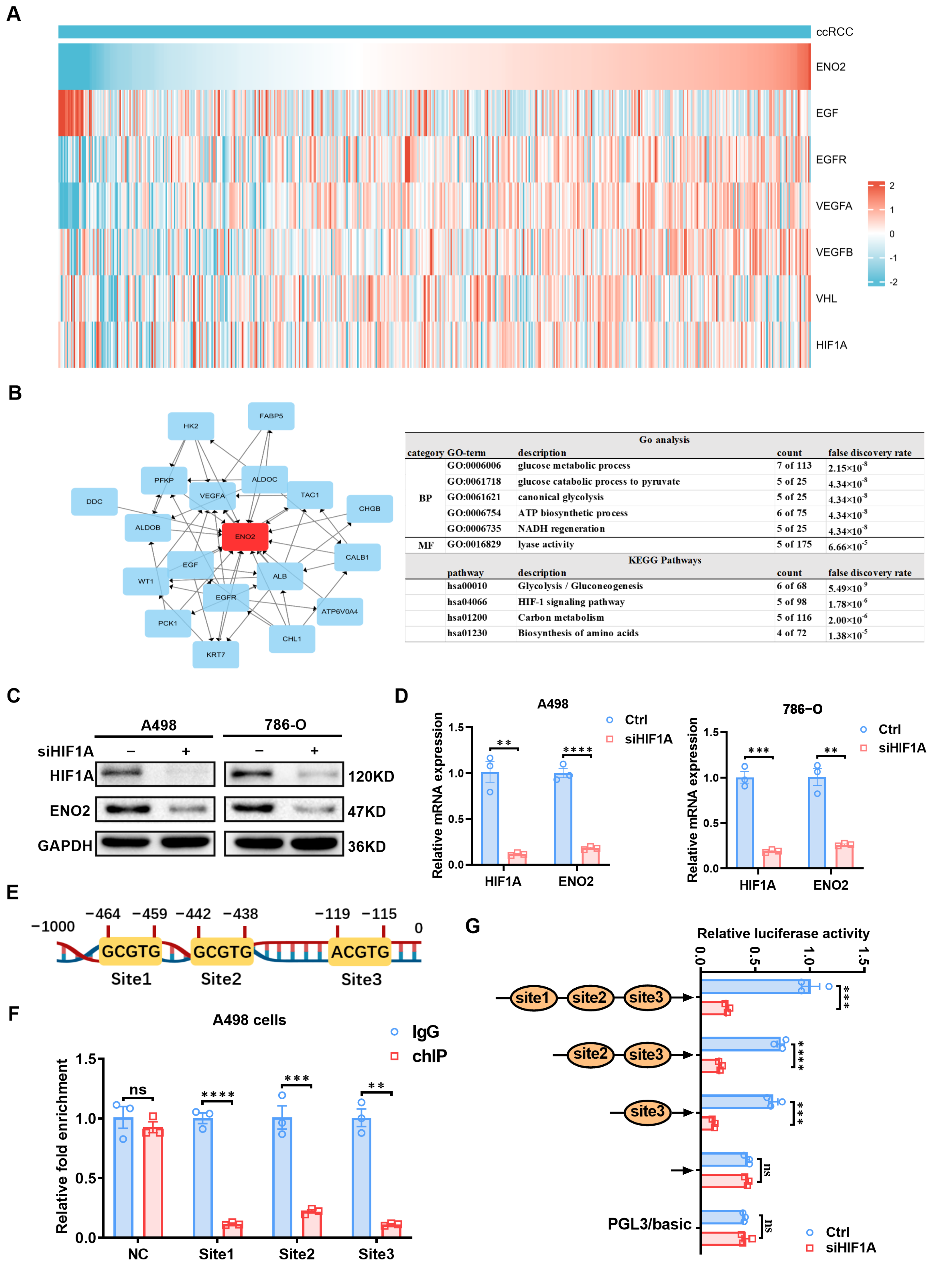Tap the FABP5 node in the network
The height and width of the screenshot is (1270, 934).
tap(271, 416)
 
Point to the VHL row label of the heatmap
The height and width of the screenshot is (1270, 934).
tap(826, 298)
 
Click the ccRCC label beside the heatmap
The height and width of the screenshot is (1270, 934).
tap(834, 32)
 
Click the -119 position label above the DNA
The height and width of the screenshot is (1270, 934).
tap(333, 914)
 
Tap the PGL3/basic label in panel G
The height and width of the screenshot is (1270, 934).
tap(649, 1224)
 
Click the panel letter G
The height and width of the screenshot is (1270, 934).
tap(473, 926)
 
